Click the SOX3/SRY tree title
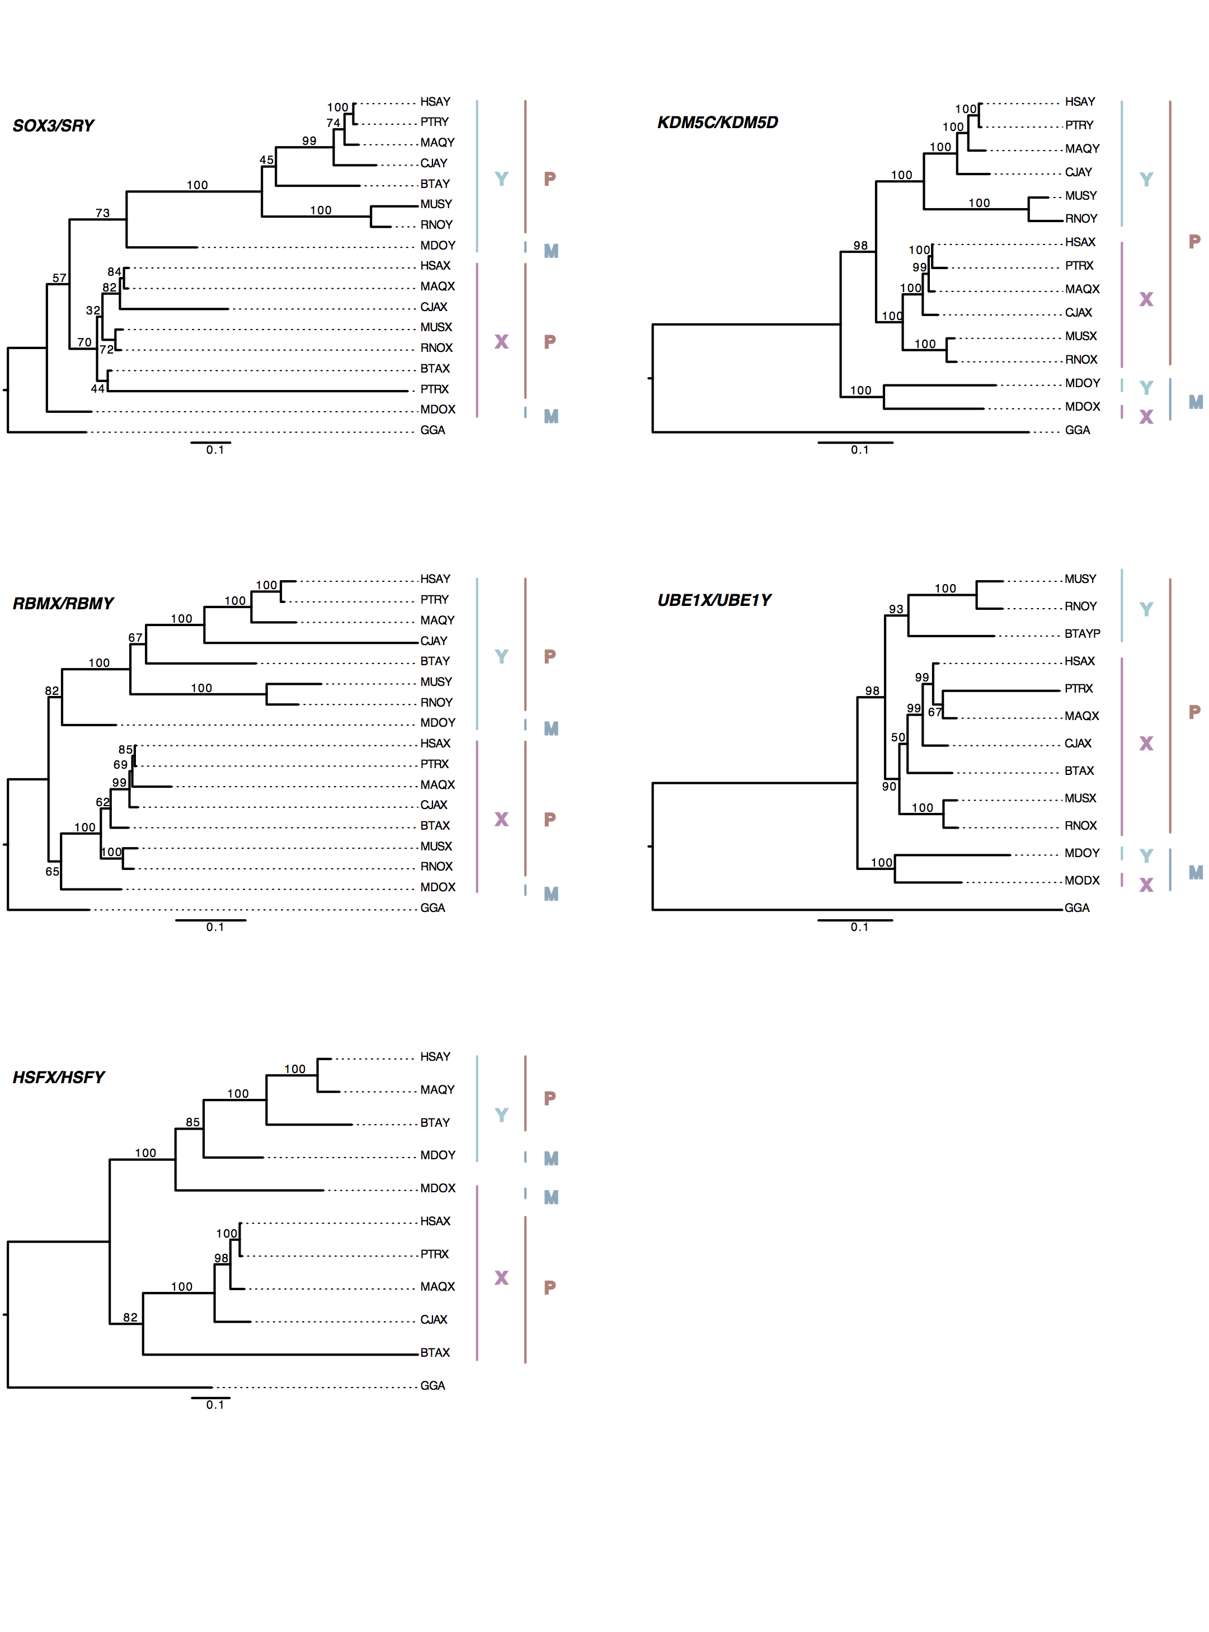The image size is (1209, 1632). click(53, 126)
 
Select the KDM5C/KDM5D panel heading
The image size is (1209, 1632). click(717, 122)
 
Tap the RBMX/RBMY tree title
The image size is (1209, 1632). click(63, 603)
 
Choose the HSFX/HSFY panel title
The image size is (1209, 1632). click(59, 1077)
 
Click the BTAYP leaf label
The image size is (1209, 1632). click(1081, 634)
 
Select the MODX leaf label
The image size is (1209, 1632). click(1081, 881)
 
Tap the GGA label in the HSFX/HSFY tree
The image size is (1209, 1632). click(432, 1385)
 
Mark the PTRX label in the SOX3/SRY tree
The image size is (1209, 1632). click(434, 389)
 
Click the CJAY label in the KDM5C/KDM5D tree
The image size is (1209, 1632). click(1078, 172)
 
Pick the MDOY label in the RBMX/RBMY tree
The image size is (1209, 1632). click(438, 722)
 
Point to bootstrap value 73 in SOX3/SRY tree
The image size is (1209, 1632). click(102, 213)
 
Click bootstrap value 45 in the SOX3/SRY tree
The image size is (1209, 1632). click(266, 159)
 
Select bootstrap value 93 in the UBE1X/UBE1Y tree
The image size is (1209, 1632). click(896, 609)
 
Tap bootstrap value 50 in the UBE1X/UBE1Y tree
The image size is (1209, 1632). click(898, 737)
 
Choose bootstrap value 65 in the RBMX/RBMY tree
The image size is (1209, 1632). click(52, 872)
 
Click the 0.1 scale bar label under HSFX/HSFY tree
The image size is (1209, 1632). click(214, 1404)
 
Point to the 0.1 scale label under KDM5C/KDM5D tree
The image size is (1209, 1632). click(859, 449)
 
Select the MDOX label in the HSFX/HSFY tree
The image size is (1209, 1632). click(438, 1188)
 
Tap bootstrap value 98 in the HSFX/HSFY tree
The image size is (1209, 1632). click(221, 1258)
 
